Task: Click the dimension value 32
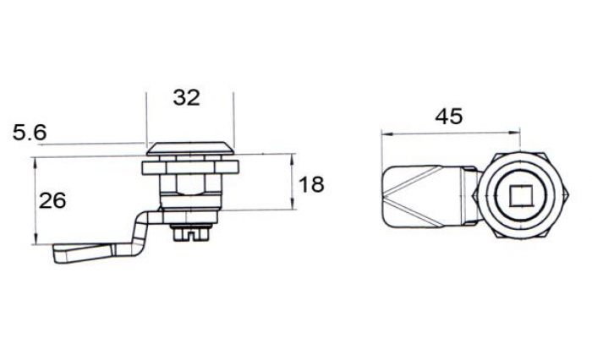pyautogui.click(x=186, y=98)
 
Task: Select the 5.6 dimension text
pyautogui.click(x=30, y=133)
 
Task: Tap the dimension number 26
pyautogui.click(x=52, y=200)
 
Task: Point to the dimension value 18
pyautogui.click(x=311, y=185)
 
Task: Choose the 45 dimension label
pyautogui.click(x=448, y=117)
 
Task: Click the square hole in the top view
pyautogui.click(x=519, y=196)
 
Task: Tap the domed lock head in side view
pyautogui.click(x=190, y=148)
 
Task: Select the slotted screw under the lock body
pyautogui.click(x=190, y=232)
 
